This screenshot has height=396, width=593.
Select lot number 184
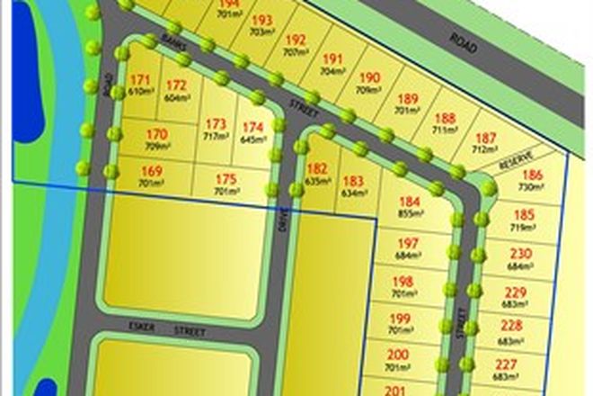point(410,202)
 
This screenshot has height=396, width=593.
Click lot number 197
point(408,245)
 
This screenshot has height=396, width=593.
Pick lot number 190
point(370,78)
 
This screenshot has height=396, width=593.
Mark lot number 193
point(262,20)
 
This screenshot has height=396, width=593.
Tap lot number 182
point(317,168)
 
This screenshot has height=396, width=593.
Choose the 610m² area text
point(139,92)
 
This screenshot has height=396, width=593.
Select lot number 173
point(217,125)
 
